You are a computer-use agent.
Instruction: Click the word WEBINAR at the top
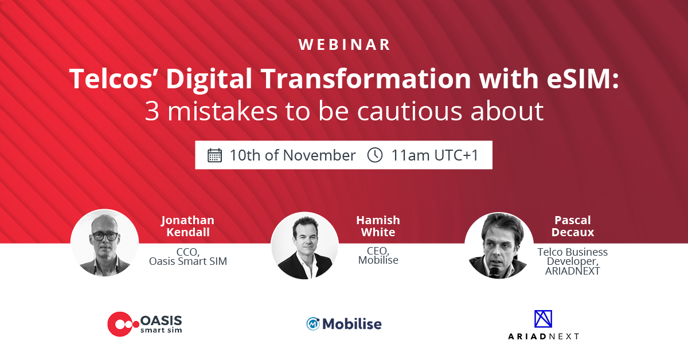tap(344, 45)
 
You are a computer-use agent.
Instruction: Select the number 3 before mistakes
tap(152, 111)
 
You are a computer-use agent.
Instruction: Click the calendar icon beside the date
tap(214, 155)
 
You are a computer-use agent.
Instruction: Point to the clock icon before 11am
tap(375, 155)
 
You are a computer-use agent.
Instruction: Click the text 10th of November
tap(293, 155)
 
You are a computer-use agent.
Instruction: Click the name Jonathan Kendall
tap(187, 226)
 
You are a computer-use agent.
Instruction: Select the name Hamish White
tap(378, 226)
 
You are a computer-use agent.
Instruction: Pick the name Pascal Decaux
tap(573, 226)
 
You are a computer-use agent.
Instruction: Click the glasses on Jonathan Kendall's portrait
tap(104, 236)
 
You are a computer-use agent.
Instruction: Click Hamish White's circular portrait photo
tap(304, 245)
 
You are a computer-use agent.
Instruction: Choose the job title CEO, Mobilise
tap(378, 256)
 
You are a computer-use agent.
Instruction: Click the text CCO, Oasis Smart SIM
tap(188, 256)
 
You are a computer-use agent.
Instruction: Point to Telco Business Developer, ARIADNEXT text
tap(573, 261)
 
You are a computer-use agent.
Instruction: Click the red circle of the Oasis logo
tap(120, 324)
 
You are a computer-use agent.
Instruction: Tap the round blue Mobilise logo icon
tap(313, 324)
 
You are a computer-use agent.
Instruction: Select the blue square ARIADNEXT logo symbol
tap(543, 319)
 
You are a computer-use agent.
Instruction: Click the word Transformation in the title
tap(366, 79)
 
